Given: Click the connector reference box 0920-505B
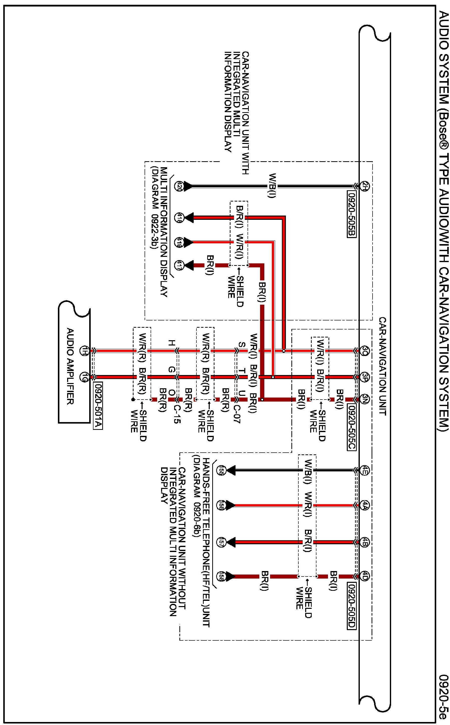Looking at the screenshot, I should pos(352,215).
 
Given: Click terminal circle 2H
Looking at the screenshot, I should pos(365,187).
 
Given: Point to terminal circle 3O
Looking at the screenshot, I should pos(365,350).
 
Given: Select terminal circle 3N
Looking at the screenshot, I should pos(365,399).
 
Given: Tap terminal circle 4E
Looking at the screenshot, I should pos(365,470).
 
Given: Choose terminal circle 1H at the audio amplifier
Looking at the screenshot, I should pos(84,351).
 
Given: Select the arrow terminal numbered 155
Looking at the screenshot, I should pos(221,470).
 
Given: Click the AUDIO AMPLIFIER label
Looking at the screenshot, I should pos(70,366).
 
